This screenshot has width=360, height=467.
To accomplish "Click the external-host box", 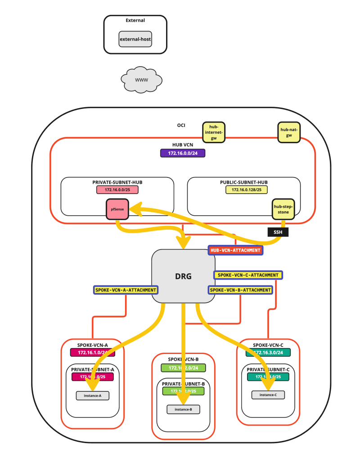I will [135, 39].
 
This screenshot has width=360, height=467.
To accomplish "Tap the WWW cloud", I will [141, 80].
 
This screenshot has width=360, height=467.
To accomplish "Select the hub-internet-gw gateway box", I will [214, 132].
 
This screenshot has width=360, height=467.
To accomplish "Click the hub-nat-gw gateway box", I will [289, 132].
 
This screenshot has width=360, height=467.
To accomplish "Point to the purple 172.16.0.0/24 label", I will [182, 154].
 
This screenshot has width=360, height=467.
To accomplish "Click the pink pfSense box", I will [117, 209].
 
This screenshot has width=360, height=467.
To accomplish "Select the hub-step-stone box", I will [283, 209].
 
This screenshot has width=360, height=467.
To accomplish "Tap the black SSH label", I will [278, 232].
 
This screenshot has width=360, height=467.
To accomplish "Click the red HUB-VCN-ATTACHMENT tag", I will [235, 250].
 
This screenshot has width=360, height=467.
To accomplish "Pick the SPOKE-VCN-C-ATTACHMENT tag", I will [248, 275].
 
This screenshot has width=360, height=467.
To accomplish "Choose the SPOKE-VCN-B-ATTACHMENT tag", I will [241, 290].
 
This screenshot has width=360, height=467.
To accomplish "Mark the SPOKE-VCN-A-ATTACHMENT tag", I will [126, 290].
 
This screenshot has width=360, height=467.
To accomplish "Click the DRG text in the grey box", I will [183, 277].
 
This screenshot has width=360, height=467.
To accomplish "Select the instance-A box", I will [93, 396].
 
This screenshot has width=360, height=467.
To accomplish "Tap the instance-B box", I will [183, 409].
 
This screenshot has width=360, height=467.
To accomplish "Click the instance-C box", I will [268, 395].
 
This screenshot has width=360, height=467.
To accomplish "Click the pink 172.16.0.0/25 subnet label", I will [117, 190].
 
